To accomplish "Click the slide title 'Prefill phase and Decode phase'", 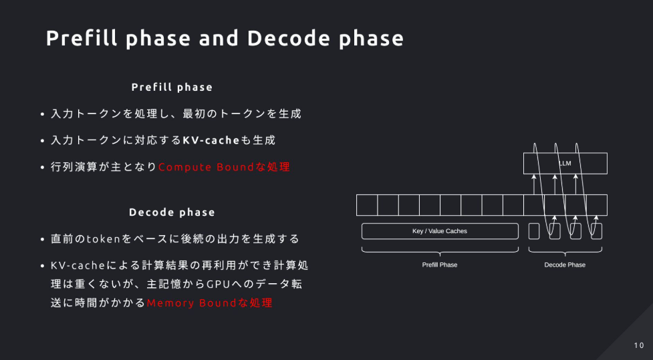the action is (225, 38).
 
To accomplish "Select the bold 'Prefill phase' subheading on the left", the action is (172, 87).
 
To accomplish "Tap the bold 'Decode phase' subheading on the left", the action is (172, 212).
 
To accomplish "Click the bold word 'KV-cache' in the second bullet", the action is (211, 140).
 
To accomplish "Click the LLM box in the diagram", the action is (565, 163).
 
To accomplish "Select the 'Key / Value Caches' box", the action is (440, 231).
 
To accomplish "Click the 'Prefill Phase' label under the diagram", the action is (440, 264).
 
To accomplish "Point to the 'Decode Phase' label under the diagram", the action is (565, 264).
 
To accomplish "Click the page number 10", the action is (639, 345).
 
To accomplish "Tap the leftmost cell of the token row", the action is (367, 205).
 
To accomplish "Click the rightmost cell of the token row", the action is (597, 205).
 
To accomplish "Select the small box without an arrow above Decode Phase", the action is (534, 231).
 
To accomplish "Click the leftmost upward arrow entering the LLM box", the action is (534, 184).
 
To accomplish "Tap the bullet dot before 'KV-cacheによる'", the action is (43, 266).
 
